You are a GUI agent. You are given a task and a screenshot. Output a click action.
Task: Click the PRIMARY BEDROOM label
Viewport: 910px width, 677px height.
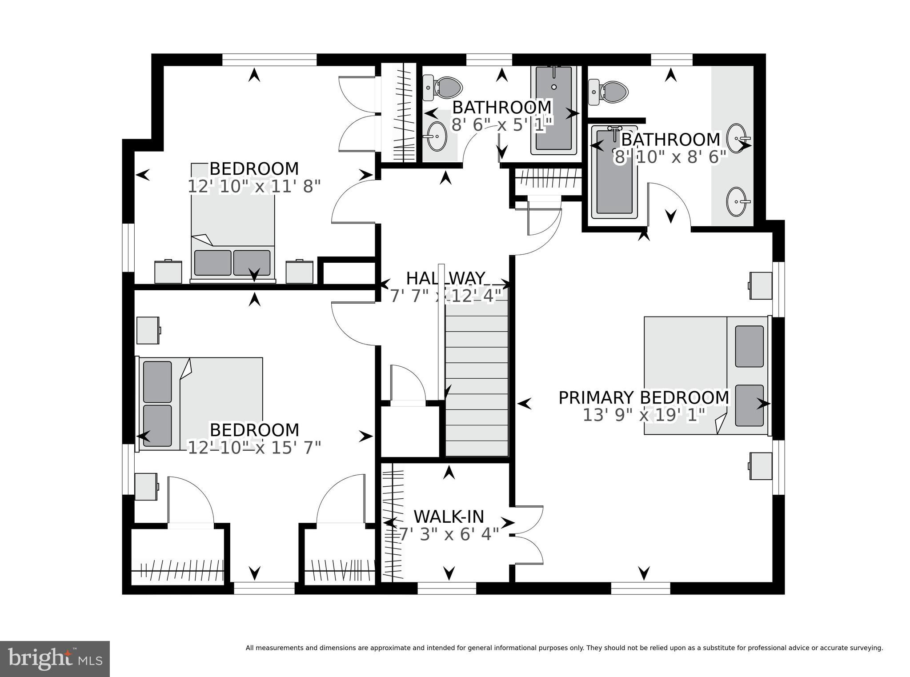(x=643, y=397)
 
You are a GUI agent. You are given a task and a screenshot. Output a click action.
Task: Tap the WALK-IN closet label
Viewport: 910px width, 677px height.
(x=449, y=517)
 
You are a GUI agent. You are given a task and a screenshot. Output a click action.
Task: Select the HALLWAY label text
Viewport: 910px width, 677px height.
(x=445, y=278)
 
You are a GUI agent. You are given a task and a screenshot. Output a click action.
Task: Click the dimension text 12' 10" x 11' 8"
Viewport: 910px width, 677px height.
(x=254, y=187)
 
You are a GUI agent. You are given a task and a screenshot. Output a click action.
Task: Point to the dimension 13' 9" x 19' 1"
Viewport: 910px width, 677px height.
(x=644, y=415)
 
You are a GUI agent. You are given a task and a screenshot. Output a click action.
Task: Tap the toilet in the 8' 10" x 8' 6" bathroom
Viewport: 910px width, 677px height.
(x=608, y=92)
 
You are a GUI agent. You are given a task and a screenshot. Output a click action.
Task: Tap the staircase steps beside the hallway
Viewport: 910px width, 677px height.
(x=477, y=378)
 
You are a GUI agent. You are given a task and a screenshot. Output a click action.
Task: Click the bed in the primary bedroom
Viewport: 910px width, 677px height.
(x=706, y=375)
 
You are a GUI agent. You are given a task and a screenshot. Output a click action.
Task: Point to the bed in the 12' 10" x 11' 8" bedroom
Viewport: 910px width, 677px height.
(x=233, y=222)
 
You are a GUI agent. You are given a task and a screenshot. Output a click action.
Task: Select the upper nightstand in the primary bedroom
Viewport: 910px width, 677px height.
(x=761, y=285)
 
